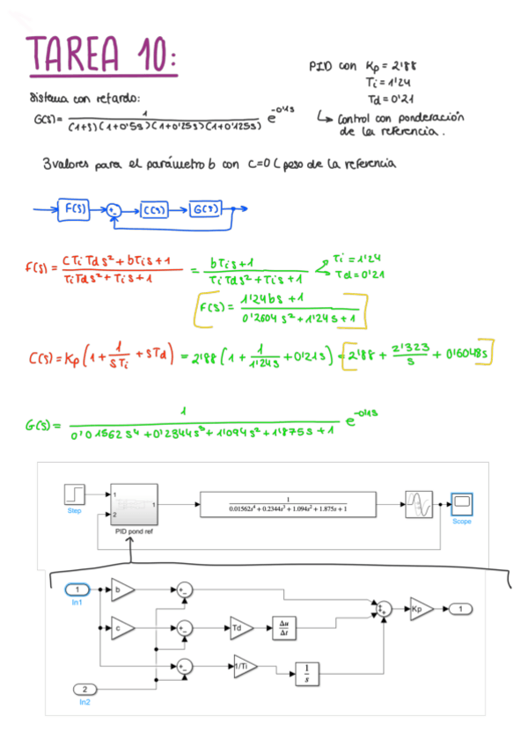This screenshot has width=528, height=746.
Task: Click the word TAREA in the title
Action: point(77,55)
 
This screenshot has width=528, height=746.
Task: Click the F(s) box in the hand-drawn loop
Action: point(74,208)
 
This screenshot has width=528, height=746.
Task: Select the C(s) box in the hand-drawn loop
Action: point(158,209)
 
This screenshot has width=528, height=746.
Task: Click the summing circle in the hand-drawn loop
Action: point(114,209)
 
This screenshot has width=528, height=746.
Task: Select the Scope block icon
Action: point(461,503)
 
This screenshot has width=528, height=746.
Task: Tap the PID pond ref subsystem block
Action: point(132,504)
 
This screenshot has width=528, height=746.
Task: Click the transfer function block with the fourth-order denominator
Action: point(288,504)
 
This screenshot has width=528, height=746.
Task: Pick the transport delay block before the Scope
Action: point(418,504)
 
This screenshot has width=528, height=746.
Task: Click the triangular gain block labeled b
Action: point(122,589)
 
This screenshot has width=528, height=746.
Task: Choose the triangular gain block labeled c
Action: point(122,627)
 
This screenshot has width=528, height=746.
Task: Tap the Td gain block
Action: point(239,627)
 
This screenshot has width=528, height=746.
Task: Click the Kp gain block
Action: point(418,608)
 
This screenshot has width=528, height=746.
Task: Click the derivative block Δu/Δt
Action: point(286,627)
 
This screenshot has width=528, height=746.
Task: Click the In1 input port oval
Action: point(77,589)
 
